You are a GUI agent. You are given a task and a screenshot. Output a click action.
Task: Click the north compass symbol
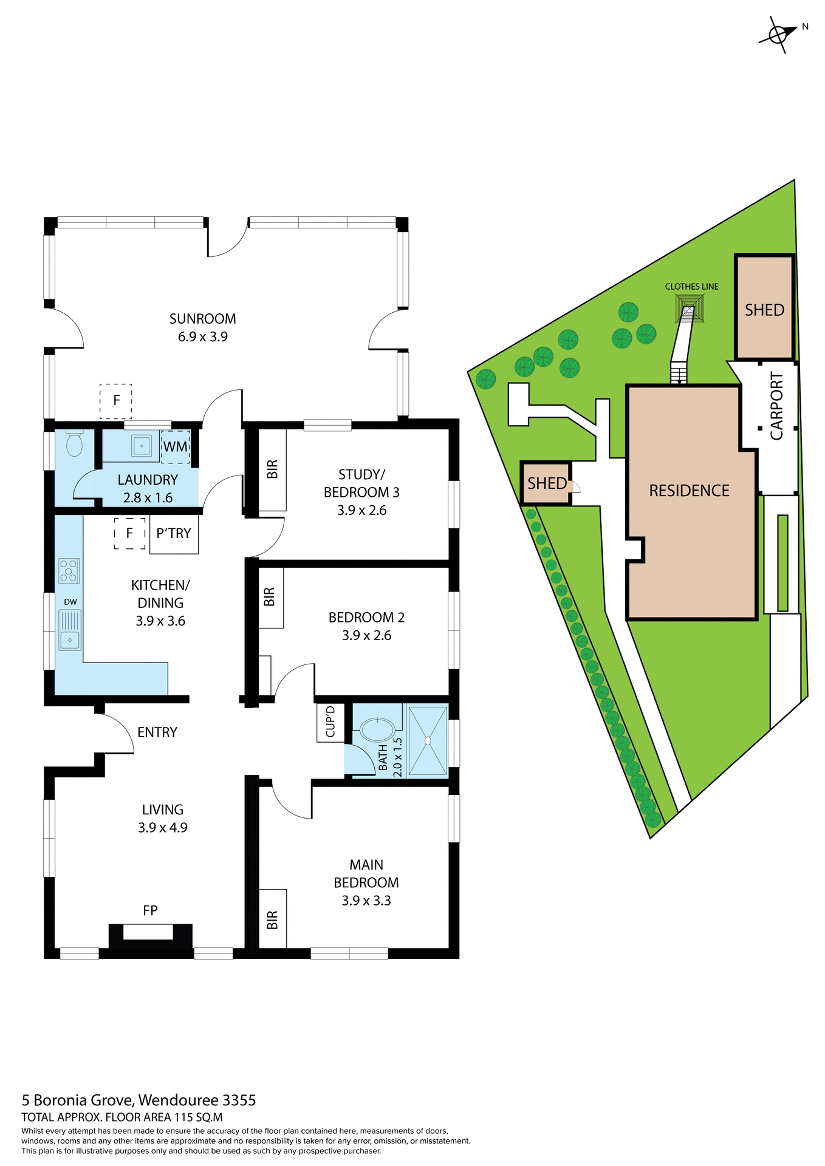point(778,35)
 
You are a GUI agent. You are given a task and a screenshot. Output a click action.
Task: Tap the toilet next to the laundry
point(74,445)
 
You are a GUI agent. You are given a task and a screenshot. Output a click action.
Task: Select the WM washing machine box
point(176,447)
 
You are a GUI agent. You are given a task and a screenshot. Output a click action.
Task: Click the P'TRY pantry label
point(174,534)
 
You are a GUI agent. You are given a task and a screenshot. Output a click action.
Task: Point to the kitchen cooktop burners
point(69,571)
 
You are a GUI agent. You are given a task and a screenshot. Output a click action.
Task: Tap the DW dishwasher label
point(70,602)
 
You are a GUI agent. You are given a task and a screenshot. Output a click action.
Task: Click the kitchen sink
point(70,630)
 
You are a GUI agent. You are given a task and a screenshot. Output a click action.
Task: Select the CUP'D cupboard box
point(330,722)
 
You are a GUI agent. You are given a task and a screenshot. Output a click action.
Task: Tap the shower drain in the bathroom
point(428,740)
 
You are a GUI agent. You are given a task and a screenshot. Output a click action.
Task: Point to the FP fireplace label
point(150,910)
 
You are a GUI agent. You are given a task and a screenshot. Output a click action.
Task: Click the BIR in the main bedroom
point(272,919)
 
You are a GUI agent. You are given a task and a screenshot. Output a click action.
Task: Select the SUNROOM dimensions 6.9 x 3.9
point(202,337)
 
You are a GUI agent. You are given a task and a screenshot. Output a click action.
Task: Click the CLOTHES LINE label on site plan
point(691,287)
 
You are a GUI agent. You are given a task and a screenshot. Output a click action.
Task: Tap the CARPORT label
point(777,406)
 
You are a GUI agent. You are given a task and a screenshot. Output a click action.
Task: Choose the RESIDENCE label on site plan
point(689,491)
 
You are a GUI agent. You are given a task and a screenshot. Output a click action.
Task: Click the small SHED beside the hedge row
point(546,483)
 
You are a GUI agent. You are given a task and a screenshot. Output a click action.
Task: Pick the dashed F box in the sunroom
point(116,401)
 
